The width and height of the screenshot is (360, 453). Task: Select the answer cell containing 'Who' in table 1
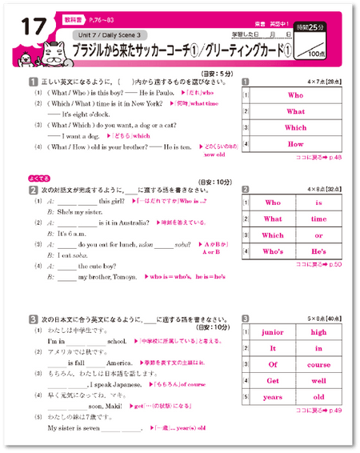click(x=295, y=95)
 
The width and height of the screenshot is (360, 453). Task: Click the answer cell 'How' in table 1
click(x=295, y=144)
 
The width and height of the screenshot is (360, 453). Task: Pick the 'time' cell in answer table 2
click(x=319, y=218)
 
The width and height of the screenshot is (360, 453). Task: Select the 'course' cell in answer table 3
click(x=319, y=365)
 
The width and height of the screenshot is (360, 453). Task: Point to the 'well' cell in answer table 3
click(x=319, y=382)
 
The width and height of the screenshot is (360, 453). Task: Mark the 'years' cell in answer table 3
click(x=273, y=398)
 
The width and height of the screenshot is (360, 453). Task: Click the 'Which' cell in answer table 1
click(x=295, y=127)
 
